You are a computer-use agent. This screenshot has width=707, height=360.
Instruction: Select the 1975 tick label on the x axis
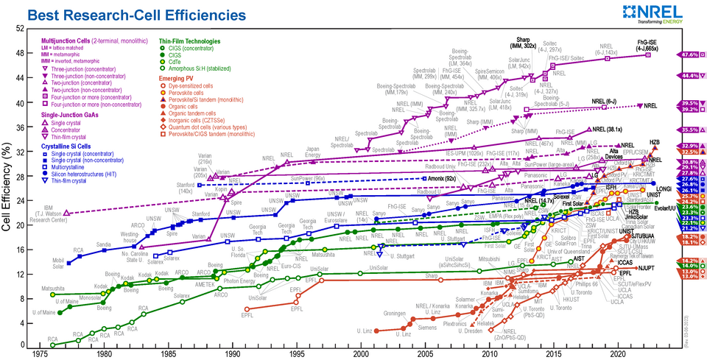coord(41,353)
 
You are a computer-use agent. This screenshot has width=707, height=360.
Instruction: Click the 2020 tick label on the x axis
coord(617,353)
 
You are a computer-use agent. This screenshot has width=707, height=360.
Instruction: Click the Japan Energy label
coord(312,151)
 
